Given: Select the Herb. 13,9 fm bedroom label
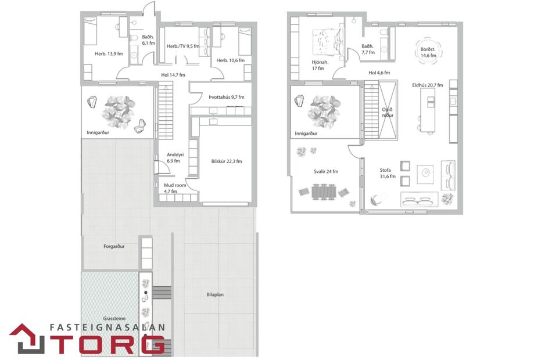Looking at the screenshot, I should tap(109, 54).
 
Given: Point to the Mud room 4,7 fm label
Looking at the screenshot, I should tap(174, 188).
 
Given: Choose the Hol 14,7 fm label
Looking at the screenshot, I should tap(173, 75).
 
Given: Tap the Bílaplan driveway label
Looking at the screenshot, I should tap(215, 294).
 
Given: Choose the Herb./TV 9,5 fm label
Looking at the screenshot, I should tap(183, 46).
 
